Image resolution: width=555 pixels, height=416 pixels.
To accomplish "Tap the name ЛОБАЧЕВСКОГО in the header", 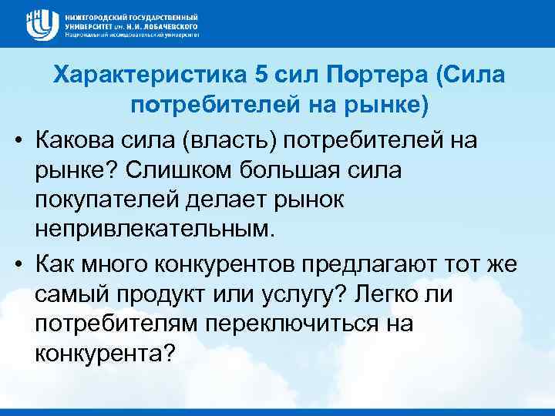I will click(165, 25).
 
